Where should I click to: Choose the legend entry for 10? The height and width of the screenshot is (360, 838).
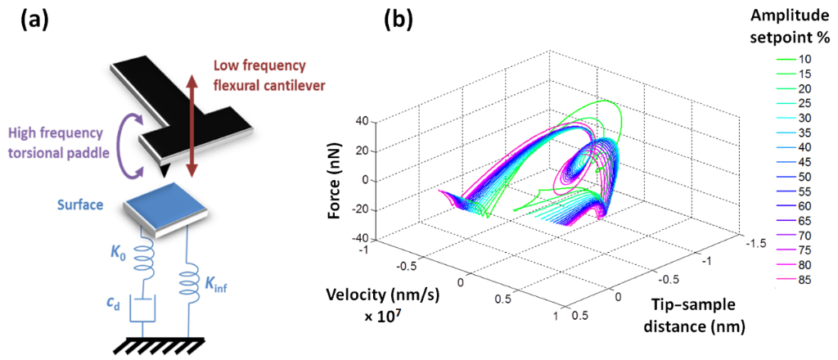794,59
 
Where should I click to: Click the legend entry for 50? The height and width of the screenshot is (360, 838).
794,177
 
